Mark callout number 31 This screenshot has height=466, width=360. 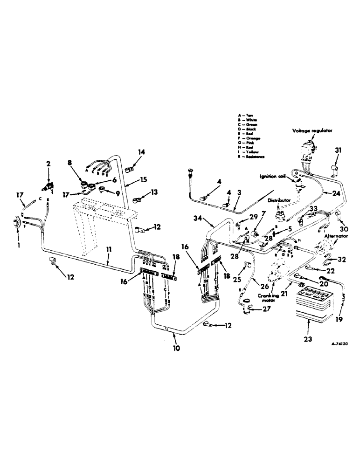(x=337, y=150)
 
